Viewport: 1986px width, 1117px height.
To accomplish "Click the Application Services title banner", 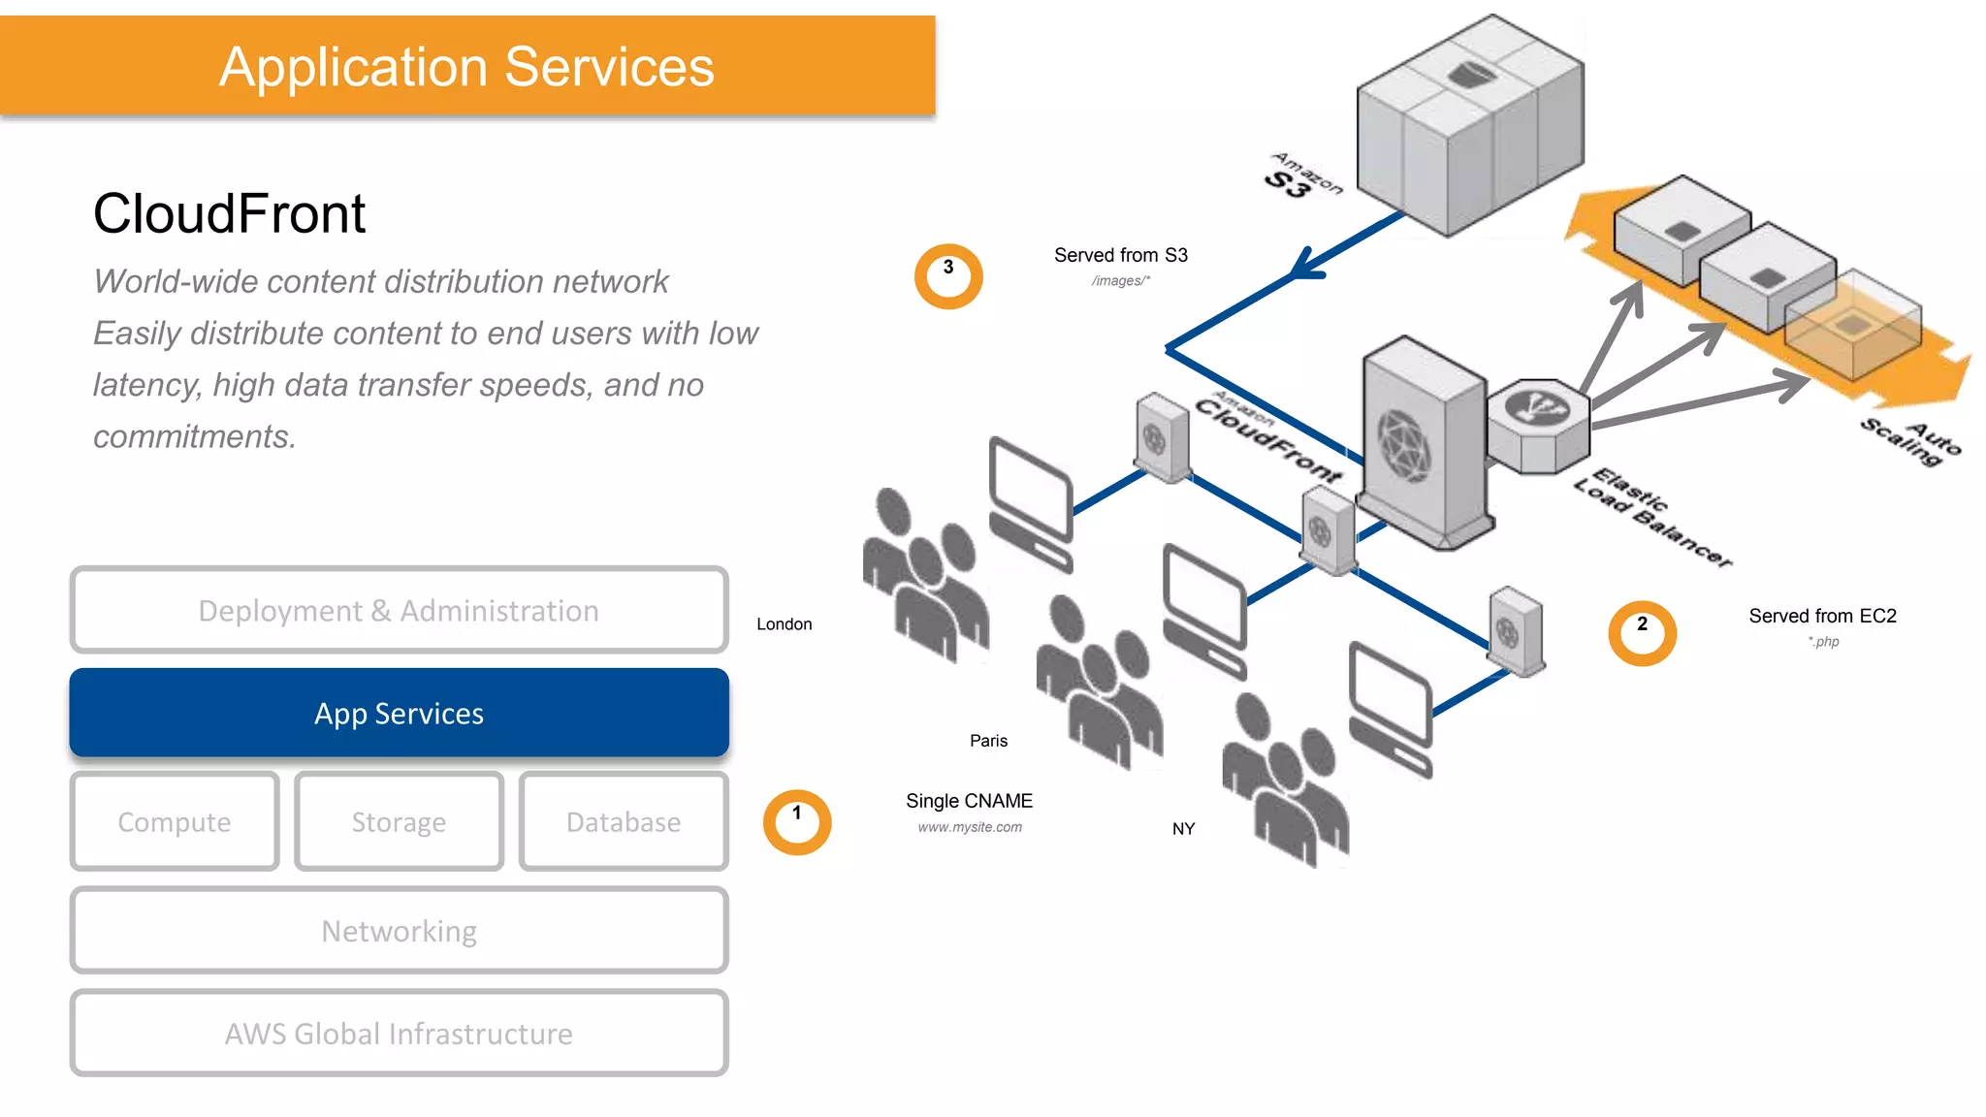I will (466, 66).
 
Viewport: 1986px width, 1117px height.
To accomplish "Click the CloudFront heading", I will (229, 213).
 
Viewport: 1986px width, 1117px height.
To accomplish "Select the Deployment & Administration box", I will (399, 610).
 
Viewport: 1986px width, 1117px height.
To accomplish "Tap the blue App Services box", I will (399, 713).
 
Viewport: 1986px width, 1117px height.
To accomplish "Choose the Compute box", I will (175, 821).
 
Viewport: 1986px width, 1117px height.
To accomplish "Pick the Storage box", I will (399, 821).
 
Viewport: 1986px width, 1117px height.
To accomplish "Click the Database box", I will (624, 821).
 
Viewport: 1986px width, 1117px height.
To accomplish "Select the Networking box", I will (399, 930).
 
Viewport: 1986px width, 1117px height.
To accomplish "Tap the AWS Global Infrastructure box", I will (399, 1033).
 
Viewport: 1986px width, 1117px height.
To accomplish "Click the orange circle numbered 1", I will (797, 822).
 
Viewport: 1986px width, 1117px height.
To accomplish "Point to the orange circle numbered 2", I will (1642, 633).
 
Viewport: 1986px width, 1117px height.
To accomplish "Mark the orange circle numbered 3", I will (948, 276).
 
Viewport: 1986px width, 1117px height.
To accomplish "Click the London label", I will (784, 623).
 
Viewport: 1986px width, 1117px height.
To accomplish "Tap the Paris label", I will (988, 741).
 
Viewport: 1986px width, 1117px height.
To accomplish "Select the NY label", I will (1183, 829).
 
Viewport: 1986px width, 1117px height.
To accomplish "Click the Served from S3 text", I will (1120, 255).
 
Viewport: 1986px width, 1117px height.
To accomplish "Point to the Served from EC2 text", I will (1822, 616).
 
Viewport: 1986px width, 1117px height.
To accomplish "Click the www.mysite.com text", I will (970, 827).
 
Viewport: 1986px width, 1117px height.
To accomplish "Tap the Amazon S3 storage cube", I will (1469, 126).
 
